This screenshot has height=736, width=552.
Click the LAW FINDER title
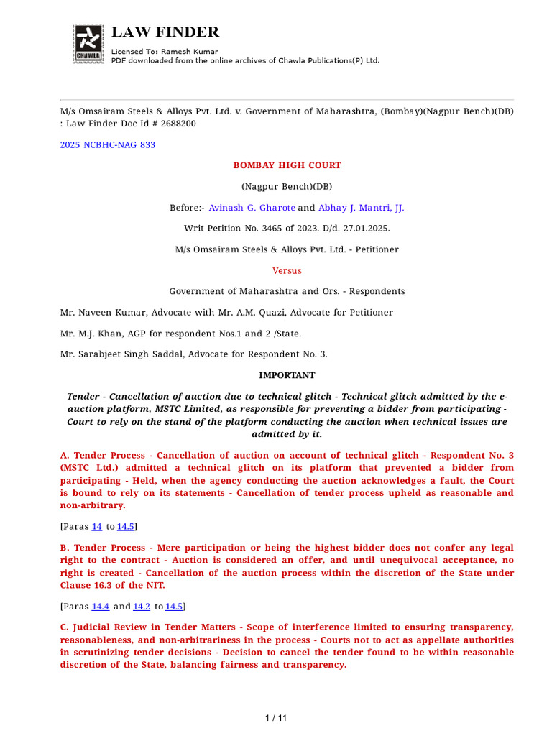point(165,32)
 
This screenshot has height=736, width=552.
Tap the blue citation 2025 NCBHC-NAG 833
point(107,145)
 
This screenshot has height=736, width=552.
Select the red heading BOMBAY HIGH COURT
point(287,165)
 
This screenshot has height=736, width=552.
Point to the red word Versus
point(287,271)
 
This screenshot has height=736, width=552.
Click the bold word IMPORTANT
point(287,375)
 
